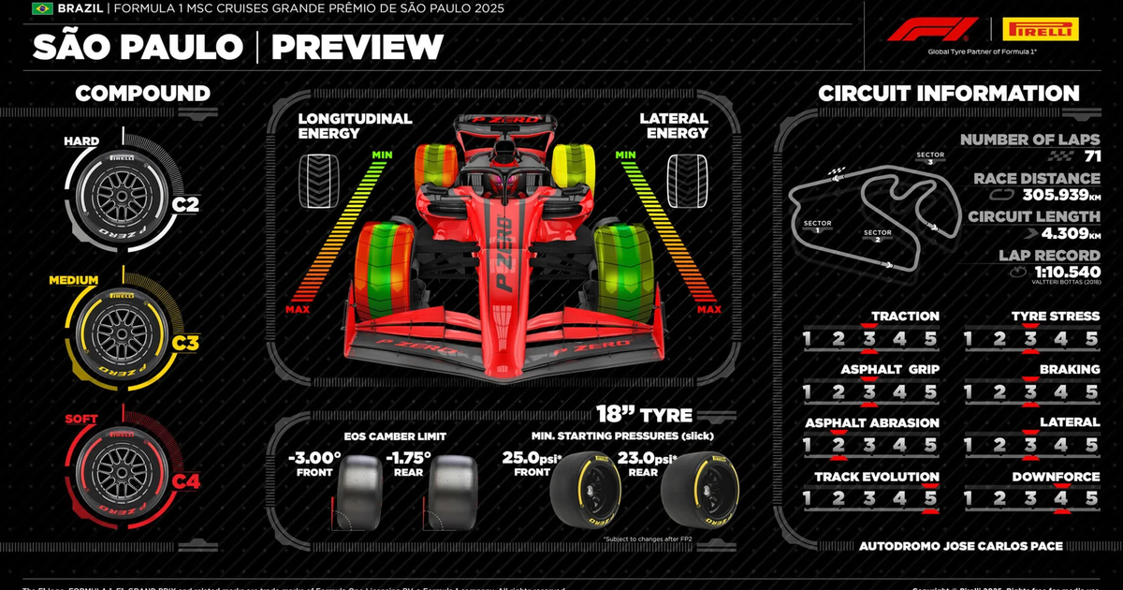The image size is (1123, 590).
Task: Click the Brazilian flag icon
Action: pos(42,8)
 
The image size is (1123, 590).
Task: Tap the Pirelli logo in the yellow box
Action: pos(1040,29)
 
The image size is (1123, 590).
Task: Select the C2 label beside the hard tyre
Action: pos(185,204)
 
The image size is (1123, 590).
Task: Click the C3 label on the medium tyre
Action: pos(185,343)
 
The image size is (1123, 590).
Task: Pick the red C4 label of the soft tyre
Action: pos(185,481)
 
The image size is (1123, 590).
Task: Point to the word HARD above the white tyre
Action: pos(81,141)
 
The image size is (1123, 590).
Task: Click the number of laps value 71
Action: pos(1092,156)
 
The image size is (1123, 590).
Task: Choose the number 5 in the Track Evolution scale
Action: pos(930,498)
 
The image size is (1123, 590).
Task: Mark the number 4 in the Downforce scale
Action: pos(1060,498)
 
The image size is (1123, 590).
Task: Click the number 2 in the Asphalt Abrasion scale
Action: pos(839,445)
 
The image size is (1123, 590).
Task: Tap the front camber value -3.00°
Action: pos(314,458)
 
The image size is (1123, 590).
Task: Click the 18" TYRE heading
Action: pos(646,415)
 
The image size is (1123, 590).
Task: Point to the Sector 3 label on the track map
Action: pos(930,158)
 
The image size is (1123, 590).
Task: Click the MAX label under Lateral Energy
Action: pos(709,309)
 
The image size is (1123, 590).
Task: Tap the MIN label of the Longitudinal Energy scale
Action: pos(382,155)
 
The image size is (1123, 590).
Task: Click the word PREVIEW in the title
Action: pos(357,47)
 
